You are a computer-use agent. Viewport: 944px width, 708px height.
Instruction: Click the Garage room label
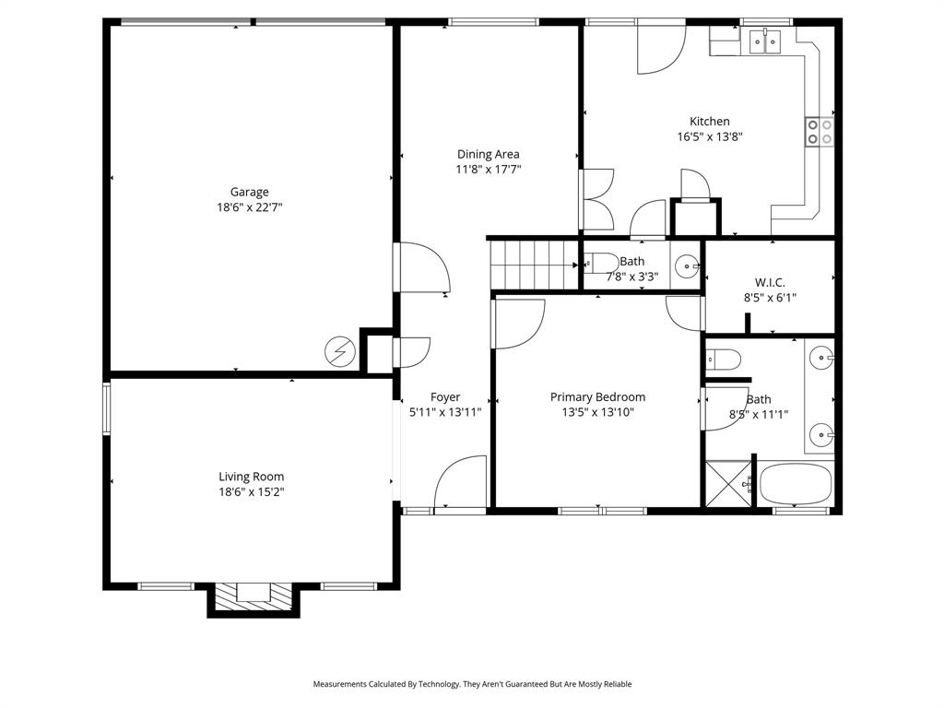click(x=249, y=192)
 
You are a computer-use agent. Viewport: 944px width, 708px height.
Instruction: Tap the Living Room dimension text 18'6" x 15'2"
click(x=251, y=492)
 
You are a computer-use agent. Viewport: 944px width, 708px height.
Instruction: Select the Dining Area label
click(x=488, y=154)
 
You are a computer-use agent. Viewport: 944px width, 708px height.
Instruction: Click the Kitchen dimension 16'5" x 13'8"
click(x=710, y=136)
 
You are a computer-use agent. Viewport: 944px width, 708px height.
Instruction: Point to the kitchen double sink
click(x=764, y=40)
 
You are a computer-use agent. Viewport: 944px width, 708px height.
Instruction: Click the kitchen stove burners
click(x=820, y=132)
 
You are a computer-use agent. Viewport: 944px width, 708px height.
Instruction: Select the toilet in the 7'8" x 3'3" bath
click(x=600, y=262)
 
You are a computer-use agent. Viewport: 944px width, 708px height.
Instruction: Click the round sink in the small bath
click(x=686, y=266)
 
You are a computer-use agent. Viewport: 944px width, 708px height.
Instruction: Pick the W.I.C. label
click(x=770, y=282)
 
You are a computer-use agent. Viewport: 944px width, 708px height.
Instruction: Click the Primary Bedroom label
click(x=597, y=397)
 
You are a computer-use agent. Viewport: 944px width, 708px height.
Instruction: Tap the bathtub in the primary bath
click(x=796, y=484)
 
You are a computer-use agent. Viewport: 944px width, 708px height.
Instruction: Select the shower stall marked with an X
click(x=728, y=484)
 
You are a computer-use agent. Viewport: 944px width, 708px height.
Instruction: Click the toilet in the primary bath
click(x=725, y=360)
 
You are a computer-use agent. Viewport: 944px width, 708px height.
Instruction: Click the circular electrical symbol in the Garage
click(x=339, y=351)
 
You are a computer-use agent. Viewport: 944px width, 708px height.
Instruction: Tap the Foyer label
click(x=445, y=397)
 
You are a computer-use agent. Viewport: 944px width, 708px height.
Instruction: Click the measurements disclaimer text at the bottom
click(x=472, y=684)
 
